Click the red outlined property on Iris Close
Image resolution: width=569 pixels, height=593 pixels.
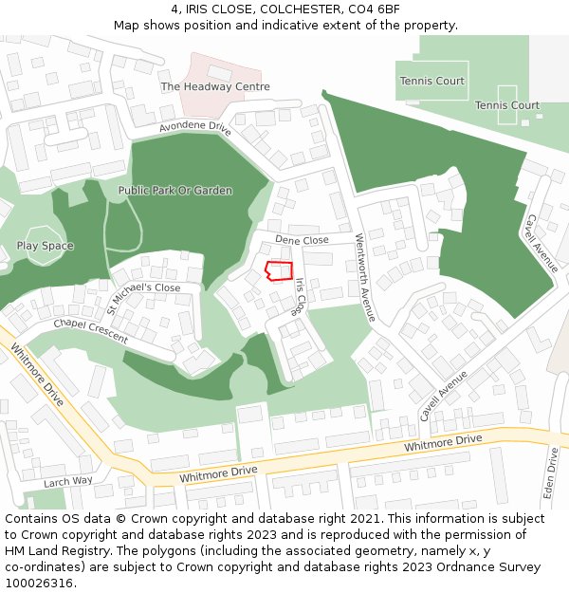279,270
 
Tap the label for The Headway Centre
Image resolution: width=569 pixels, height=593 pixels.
215,86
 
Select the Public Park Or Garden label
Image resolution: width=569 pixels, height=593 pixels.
175,191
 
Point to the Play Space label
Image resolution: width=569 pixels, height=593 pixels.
45,246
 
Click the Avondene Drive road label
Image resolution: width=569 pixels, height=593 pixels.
195,127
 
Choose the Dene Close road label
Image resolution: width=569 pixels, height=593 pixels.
302,240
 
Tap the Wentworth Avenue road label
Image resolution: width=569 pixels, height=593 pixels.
365,276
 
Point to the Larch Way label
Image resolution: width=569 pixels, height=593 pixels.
68,481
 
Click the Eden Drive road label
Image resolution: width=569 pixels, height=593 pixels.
553,473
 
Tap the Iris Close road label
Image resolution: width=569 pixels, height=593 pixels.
299,297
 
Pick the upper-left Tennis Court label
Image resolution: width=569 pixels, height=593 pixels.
431,82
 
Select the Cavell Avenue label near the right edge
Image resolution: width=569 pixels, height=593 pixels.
543,243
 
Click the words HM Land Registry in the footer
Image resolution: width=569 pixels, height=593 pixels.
55,550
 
